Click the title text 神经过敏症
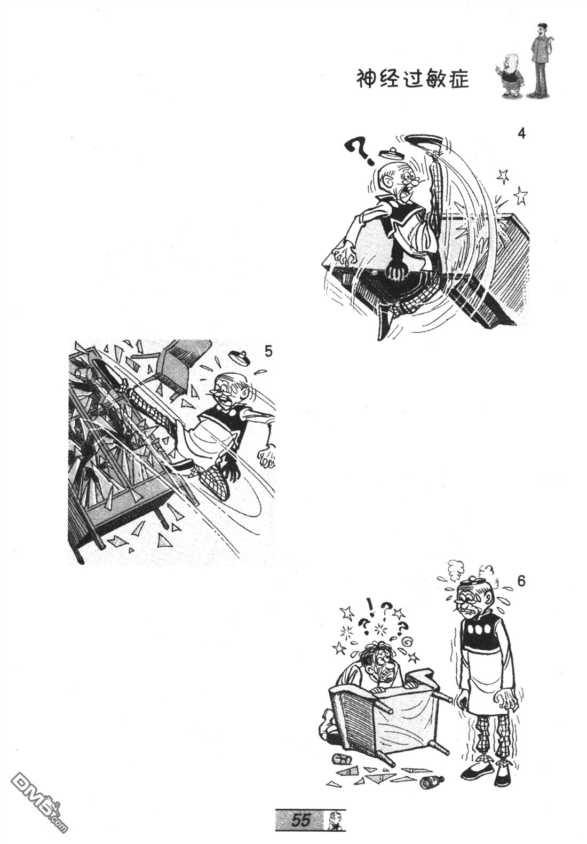[413, 80]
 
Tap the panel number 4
[521, 134]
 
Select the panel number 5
[268, 351]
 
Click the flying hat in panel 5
[240, 357]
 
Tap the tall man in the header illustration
[541, 59]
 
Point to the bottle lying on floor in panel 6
[432, 782]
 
